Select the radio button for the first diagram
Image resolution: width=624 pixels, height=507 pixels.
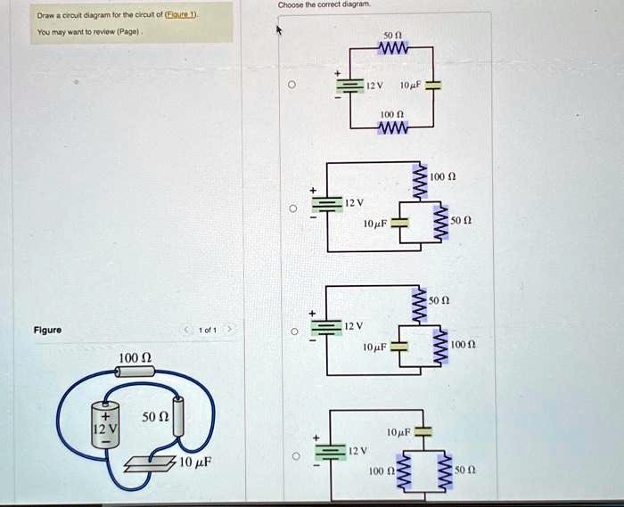coord(291,86)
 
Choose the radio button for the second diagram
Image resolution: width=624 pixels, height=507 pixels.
coord(291,211)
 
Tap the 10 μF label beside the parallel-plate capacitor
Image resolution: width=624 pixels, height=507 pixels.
coord(195,462)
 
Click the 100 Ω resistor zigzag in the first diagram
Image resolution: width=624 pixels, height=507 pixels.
coord(392,129)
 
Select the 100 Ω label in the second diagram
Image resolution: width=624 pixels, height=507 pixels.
coord(443,177)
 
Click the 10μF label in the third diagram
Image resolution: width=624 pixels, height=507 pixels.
coord(374,345)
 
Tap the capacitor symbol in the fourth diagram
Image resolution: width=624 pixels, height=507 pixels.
coord(422,432)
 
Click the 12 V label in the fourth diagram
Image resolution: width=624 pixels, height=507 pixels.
coord(357,451)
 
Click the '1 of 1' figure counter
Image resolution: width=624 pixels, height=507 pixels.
coord(206,330)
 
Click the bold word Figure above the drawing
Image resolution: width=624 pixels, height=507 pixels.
coord(47,330)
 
